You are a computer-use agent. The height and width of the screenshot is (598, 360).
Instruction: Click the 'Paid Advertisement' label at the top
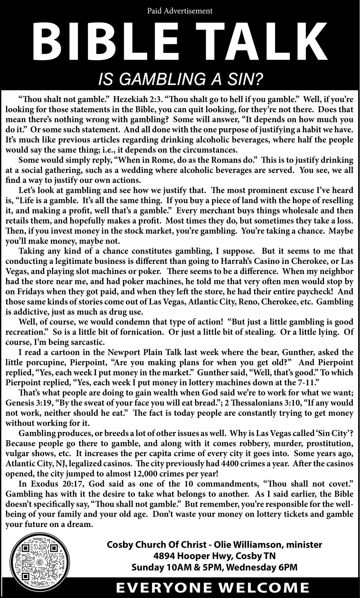[x=180, y=11]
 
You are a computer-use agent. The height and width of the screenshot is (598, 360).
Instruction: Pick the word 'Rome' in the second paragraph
[x=156, y=160]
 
